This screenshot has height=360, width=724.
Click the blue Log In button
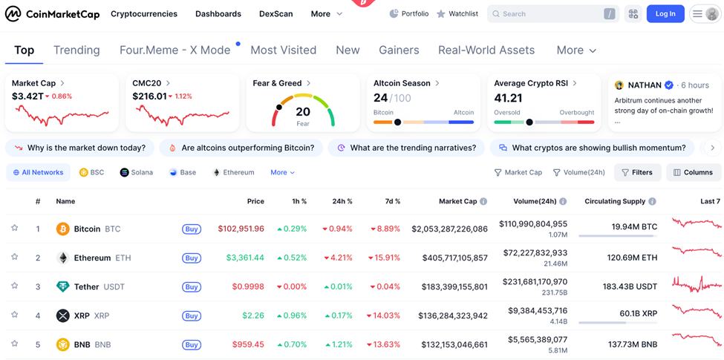coord(665,13)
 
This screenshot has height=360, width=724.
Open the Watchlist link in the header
coord(457,13)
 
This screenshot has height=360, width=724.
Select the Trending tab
coord(76,50)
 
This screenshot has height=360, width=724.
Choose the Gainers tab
coord(399,50)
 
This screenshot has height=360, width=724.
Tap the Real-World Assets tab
coord(486,50)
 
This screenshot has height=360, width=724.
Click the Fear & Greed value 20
coord(303,111)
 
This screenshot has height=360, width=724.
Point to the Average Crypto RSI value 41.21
coord(508,98)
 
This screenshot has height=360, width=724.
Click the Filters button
coord(637,172)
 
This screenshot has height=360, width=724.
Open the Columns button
coord(694,172)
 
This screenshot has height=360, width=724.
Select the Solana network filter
coord(137,172)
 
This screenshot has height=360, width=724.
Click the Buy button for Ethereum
coord(192,258)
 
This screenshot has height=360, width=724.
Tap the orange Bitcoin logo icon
coord(63,229)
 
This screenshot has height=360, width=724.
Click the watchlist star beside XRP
coord(14,315)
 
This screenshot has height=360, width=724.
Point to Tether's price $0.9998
coord(248,287)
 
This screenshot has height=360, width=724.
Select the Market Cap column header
coord(457,201)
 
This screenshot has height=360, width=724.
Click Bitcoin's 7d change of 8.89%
coord(383,229)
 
